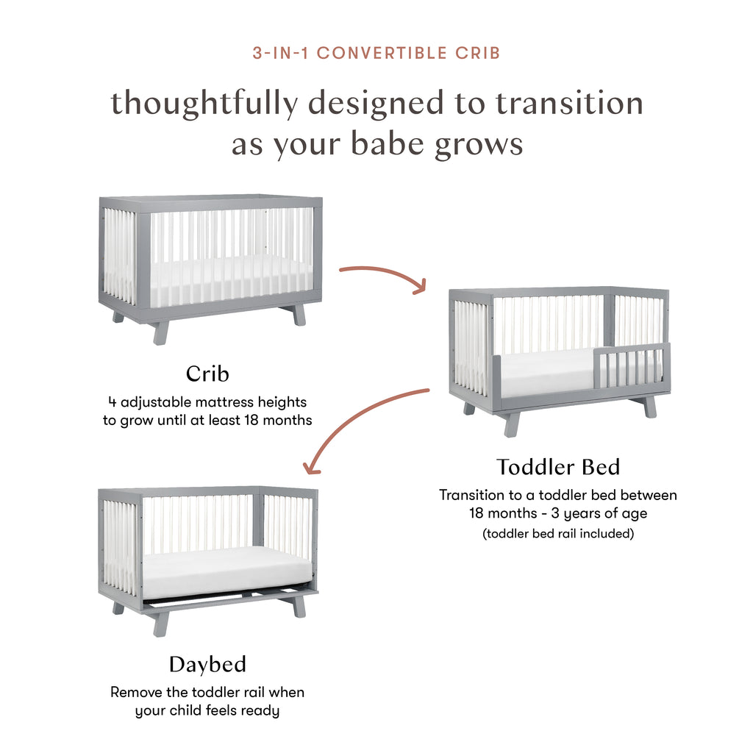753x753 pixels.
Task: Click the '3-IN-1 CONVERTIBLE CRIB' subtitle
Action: (x=376, y=53)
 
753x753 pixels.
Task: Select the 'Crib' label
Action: (x=207, y=374)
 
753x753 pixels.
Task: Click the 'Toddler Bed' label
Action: (x=557, y=467)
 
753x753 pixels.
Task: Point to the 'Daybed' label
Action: (x=207, y=665)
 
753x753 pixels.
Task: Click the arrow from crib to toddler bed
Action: (x=382, y=276)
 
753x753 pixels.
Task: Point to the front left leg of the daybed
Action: (x=161, y=624)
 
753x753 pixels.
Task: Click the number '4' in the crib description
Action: (x=112, y=402)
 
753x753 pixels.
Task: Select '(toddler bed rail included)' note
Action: (x=557, y=534)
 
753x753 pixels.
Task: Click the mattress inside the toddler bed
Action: (x=544, y=371)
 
